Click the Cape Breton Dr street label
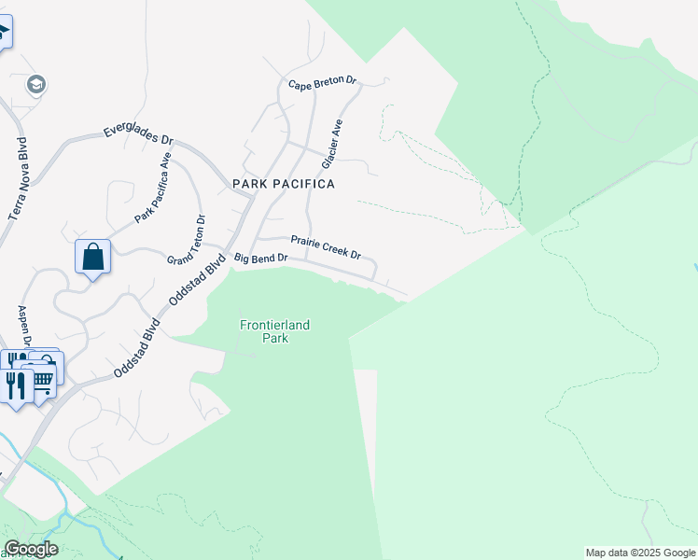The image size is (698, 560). tap(323, 84)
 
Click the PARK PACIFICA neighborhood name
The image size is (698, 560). tap(284, 185)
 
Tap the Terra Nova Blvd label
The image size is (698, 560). tap(19, 178)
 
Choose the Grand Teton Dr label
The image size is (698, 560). tap(187, 245)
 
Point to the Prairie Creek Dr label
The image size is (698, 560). tap(327, 247)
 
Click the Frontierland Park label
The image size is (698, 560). tap(275, 331)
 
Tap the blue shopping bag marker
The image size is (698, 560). tap(93, 256)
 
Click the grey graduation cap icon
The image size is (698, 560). tap(36, 86)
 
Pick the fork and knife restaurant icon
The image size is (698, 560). tap(16, 385)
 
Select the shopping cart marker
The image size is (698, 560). tap(43, 378)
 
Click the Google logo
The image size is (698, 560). tap(31, 549)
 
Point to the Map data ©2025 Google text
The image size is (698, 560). tap(640, 553)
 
